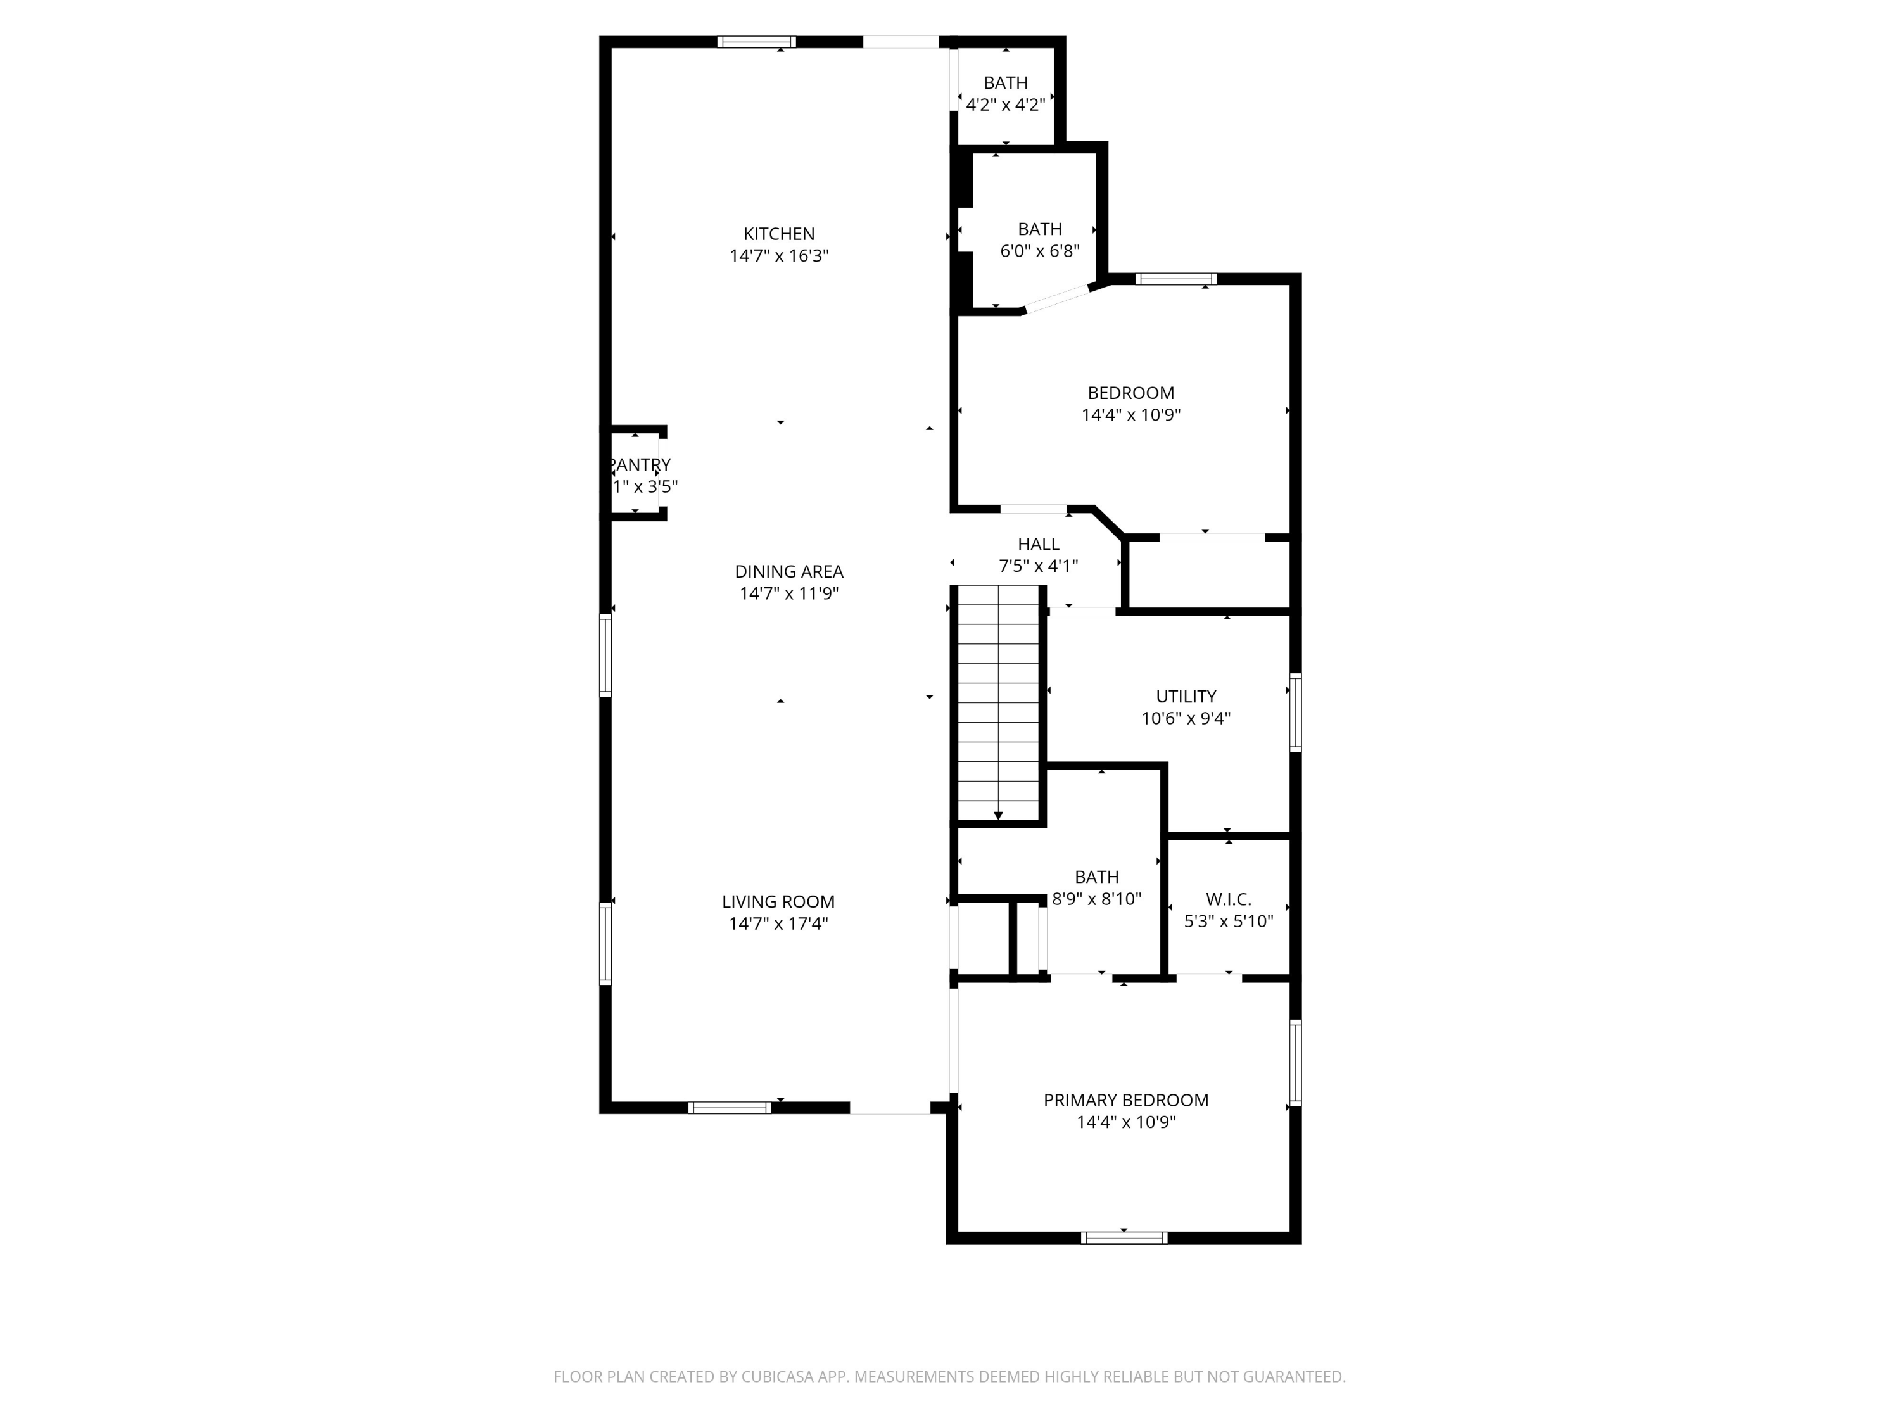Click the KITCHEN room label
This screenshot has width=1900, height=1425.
tap(778, 234)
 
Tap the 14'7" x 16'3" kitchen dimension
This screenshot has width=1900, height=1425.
tap(778, 256)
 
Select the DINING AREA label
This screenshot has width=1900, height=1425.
tap(788, 571)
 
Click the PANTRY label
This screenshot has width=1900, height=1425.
tap(639, 465)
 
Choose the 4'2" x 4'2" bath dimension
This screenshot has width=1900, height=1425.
tap(1005, 104)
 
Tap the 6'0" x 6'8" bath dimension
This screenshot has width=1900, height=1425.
tap(1039, 251)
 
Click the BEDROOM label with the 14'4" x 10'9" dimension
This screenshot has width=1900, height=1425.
tap(1130, 393)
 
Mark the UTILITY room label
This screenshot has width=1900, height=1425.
tap(1186, 697)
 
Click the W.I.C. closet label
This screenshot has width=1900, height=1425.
tap(1228, 899)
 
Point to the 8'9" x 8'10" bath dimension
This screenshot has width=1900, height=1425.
tap(1096, 899)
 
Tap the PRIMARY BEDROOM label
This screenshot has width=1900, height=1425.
tap(1125, 1100)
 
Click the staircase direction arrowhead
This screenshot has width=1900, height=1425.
tap(998, 815)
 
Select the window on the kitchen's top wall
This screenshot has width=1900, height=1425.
tap(756, 41)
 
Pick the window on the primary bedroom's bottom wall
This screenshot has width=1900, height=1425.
tap(1124, 1238)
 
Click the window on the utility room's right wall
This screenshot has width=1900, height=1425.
tap(1295, 713)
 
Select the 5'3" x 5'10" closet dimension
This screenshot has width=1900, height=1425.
tap(1228, 921)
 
